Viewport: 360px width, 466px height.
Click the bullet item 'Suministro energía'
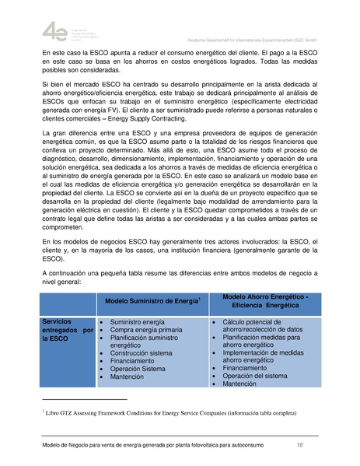click(137, 321)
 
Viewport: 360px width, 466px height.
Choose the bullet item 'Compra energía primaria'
click(146, 330)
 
